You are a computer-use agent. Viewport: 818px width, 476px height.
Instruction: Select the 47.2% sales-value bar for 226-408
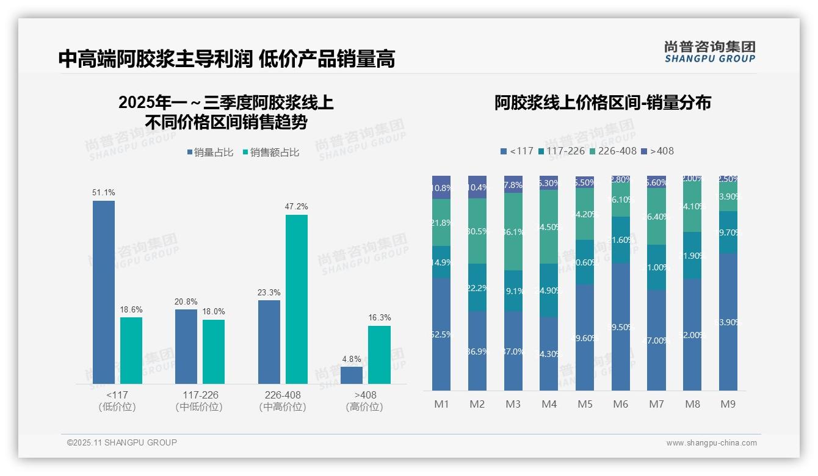tap(297, 299)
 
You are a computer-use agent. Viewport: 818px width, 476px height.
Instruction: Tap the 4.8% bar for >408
tap(352, 375)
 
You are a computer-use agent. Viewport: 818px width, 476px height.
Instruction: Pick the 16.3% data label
tap(380, 318)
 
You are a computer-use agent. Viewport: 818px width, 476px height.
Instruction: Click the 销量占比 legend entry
tap(210, 153)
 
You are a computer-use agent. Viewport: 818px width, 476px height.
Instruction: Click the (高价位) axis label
tap(364, 407)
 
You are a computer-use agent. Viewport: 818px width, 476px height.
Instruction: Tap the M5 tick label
tap(585, 404)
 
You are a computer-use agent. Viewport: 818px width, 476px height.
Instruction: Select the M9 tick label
tap(728, 404)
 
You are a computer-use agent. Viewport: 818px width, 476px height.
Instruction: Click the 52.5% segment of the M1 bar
tap(441, 334)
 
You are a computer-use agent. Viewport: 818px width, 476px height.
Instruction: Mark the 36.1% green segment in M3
tap(513, 232)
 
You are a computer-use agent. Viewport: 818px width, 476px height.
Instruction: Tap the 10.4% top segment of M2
tap(477, 187)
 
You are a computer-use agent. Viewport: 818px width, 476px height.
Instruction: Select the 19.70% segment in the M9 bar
tap(728, 232)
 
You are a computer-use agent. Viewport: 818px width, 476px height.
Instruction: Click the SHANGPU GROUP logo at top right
tap(709, 52)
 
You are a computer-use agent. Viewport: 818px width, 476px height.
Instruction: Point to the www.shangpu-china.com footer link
tap(711, 443)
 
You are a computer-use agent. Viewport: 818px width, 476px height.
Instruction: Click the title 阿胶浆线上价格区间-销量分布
tap(603, 103)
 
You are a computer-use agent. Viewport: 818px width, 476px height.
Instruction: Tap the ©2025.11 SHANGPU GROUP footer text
tap(122, 442)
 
